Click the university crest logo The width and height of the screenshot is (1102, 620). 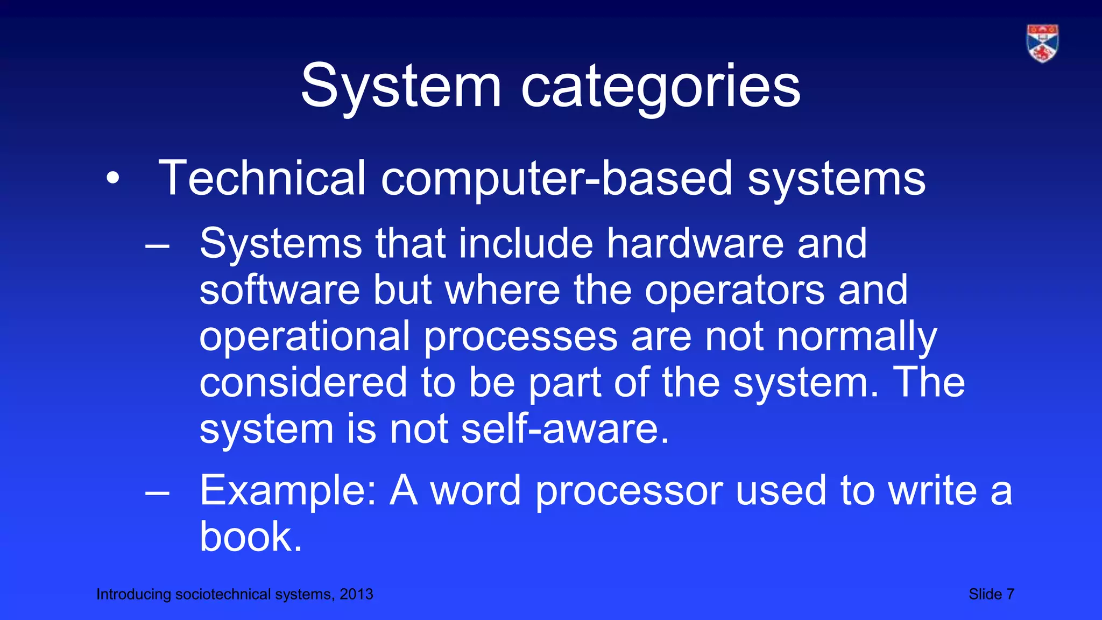tap(1042, 43)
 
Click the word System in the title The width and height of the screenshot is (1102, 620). tap(401, 86)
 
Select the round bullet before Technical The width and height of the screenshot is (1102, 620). tap(112, 178)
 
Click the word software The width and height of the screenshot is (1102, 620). tap(279, 290)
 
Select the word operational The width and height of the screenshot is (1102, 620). tap(305, 337)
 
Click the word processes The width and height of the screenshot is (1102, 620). tap(521, 337)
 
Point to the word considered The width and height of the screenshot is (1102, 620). tap(303, 382)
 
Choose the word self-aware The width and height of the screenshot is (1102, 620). tap(565, 429)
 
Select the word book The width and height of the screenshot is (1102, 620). tap(250, 537)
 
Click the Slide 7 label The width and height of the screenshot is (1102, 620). tap(991, 594)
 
